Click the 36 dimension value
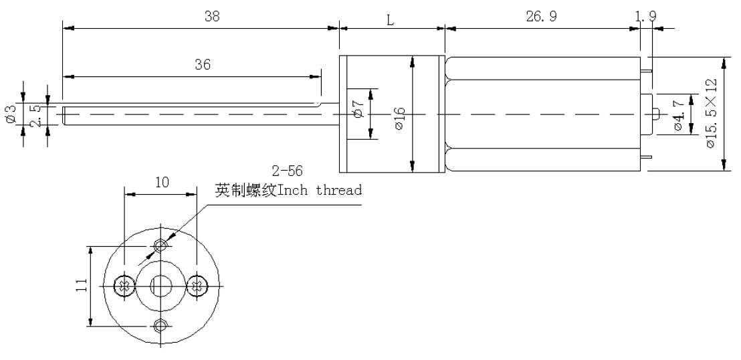[203, 65]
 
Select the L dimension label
[391, 19]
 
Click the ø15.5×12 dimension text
[711, 114]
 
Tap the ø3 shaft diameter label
[10, 114]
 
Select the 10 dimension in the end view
[161, 182]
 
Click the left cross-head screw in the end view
[123, 286]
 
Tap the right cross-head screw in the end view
[197, 286]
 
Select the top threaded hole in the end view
[160, 246]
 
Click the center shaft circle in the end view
[160, 286]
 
